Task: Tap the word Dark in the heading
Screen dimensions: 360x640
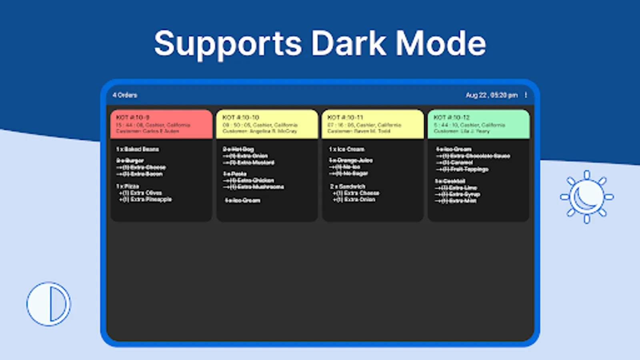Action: [348, 43]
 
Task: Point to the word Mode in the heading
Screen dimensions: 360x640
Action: [440, 43]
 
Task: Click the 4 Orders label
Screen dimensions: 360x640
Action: [125, 95]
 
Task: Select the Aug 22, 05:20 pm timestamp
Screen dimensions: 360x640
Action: [492, 95]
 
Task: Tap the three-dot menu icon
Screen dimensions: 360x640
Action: [526, 95]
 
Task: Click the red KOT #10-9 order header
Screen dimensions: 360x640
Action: [161, 124]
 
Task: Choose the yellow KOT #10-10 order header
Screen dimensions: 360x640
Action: [267, 124]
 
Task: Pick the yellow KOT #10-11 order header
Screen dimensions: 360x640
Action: [372, 124]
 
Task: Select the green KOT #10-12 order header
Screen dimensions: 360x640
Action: [478, 124]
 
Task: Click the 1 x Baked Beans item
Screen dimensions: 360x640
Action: [138, 149]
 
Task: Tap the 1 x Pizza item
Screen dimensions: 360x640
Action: [128, 186]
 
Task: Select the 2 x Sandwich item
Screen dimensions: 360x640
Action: [348, 186]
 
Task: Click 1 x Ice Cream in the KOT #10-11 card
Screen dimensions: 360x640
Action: [347, 149]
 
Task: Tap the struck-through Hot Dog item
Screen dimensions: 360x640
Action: [238, 149]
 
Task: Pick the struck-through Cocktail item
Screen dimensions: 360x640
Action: [450, 181]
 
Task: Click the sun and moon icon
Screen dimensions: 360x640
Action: [586, 197]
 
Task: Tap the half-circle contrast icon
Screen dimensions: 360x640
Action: [49, 304]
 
